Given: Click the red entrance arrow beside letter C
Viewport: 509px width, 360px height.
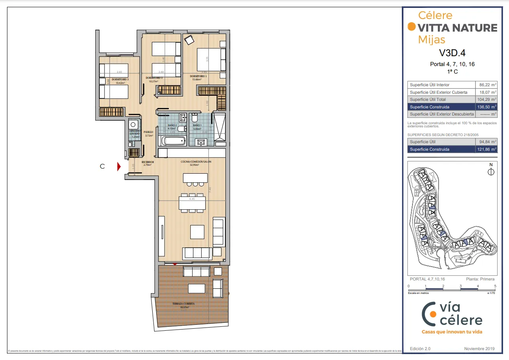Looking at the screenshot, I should (119, 167).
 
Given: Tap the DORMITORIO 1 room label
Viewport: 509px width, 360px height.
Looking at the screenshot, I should (198, 76).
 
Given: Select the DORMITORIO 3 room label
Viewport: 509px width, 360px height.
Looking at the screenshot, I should (120, 80).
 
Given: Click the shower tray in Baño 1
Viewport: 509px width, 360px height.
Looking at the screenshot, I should (219, 127).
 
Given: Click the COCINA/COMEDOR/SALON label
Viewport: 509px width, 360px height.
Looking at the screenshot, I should (195, 162).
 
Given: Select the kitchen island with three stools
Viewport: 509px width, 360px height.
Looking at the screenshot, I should (195, 178).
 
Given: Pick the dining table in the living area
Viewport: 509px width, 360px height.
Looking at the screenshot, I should (192, 203).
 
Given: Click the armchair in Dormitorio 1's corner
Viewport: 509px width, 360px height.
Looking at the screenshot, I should (189, 40).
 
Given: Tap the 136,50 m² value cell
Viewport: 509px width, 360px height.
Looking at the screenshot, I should (486, 107).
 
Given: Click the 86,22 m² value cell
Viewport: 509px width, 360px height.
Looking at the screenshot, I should (486, 85).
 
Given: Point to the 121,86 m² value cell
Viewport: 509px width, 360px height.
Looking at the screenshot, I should (486, 149).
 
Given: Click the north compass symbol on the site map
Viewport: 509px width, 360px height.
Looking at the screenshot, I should (491, 172).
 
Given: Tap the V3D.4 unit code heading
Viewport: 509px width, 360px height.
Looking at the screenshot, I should (452, 53).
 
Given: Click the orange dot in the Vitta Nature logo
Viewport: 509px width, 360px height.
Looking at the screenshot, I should (412, 27).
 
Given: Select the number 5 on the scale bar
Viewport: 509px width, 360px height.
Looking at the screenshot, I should (495, 286).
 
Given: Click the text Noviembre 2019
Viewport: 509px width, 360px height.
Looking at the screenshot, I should (479, 349).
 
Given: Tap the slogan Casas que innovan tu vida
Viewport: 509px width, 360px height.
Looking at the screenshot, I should (452, 332).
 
